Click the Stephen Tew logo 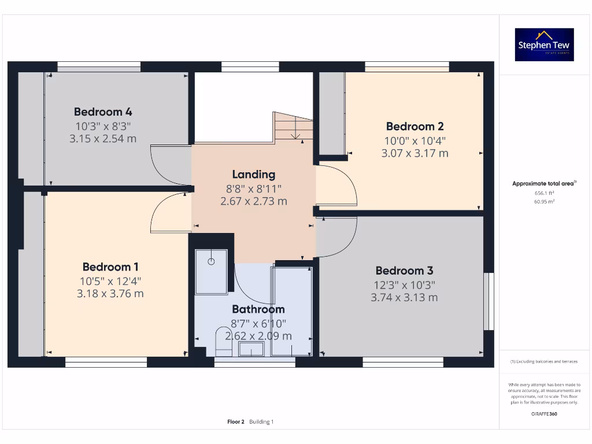click(x=545, y=45)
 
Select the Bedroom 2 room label click(x=415, y=126)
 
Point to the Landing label click(x=254, y=174)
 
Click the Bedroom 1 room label click(x=110, y=267)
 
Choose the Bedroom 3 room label click(x=404, y=271)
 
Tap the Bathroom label click(x=258, y=309)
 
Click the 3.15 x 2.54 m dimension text click(x=103, y=138)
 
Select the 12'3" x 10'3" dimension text click(x=404, y=284)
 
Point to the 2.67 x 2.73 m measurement click(x=254, y=201)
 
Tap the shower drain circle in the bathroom click(x=211, y=261)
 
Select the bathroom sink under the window click(x=251, y=349)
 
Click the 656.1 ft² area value click(x=545, y=194)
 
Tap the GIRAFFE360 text click(x=545, y=414)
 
